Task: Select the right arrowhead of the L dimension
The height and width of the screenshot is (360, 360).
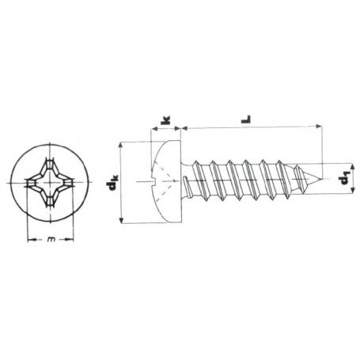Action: (323, 127)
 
